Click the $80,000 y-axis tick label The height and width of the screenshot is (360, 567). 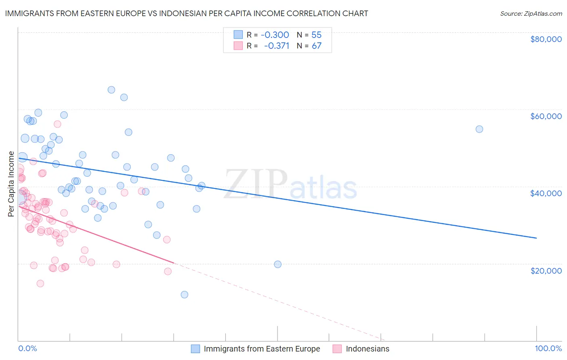pos(546,39)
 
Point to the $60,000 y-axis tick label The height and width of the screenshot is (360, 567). pos(546,116)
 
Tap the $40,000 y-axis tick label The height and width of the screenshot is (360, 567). pos(546,193)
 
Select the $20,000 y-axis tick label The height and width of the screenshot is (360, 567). pos(546,270)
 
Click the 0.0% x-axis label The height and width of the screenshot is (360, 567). pos(27,348)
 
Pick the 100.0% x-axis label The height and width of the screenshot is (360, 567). pos(548,348)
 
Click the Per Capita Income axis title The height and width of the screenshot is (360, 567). pos(11,184)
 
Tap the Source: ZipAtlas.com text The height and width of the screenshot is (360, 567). pos(531,14)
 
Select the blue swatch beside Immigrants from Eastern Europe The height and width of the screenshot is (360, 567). pos(196,349)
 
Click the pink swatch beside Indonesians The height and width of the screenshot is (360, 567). pos(337,349)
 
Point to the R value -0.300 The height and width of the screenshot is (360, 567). pos(275,35)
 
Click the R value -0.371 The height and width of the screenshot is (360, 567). pos(276,46)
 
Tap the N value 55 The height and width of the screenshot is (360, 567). pos(317,35)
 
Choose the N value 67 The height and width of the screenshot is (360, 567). pos(317,46)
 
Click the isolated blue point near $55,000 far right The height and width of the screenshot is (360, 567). pos(479,129)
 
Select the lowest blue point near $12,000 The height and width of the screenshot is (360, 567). pos(184,295)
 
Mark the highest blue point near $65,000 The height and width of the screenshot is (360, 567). pos(111,90)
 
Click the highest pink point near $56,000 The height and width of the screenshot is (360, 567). pos(57,124)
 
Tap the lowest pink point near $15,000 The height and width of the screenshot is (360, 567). pos(40,283)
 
